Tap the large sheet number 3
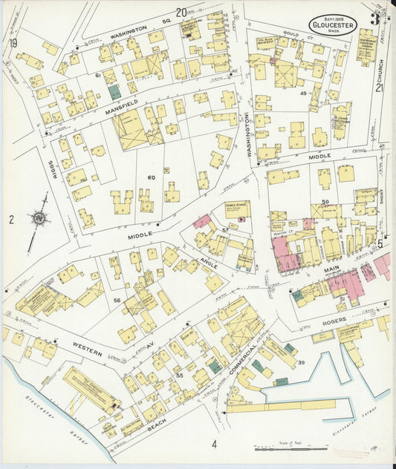point(377,19)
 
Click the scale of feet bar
point(290,448)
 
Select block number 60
point(151,177)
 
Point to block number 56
point(117,300)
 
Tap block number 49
point(303,94)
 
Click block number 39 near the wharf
point(302,362)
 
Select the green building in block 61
point(114,92)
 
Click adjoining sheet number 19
point(13,42)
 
